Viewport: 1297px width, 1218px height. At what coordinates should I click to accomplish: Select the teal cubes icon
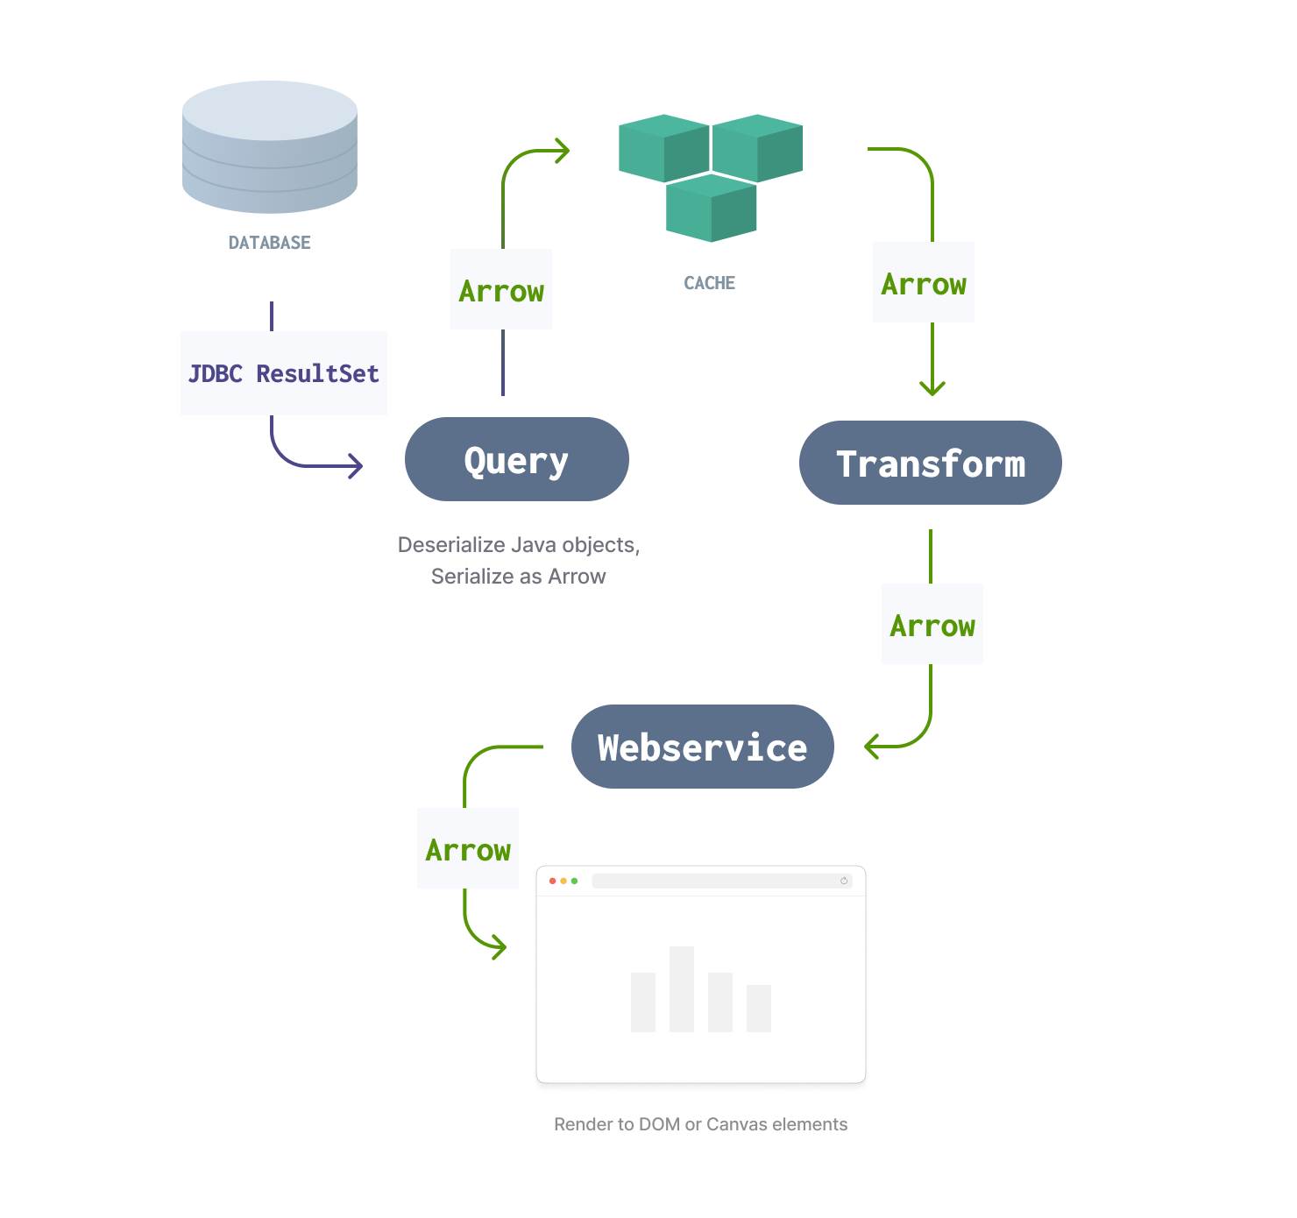[x=710, y=180]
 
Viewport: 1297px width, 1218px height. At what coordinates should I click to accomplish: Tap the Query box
[x=515, y=461]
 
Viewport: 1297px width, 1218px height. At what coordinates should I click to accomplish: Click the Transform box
[x=930, y=464]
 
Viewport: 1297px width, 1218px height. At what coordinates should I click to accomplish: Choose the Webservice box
[x=703, y=747]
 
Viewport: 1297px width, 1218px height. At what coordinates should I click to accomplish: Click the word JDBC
[x=215, y=374]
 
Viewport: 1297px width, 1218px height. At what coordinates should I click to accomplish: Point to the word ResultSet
[x=317, y=374]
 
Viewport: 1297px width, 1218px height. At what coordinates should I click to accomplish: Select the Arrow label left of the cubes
[x=501, y=292]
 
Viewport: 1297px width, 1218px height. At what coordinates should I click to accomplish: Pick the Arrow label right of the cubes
[x=924, y=285]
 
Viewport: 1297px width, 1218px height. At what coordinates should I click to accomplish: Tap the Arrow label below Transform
[x=932, y=627]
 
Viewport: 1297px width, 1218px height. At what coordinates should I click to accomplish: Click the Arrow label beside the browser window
[x=468, y=851]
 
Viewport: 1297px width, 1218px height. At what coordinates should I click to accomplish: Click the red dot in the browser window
[x=553, y=881]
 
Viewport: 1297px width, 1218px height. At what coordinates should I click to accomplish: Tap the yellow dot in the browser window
[x=563, y=881]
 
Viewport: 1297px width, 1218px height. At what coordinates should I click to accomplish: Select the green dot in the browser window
[x=574, y=881]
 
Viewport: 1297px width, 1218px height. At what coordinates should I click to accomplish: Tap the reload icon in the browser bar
[x=844, y=881]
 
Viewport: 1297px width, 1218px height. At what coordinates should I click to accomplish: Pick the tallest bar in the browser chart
[x=682, y=988]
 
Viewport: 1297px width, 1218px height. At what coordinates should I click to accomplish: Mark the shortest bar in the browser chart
[x=759, y=1009]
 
